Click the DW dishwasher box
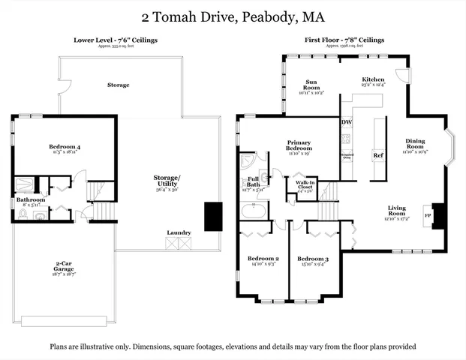(x=346, y=122)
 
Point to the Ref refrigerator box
(x=378, y=155)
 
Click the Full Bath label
(x=253, y=181)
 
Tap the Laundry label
(x=179, y=232)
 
